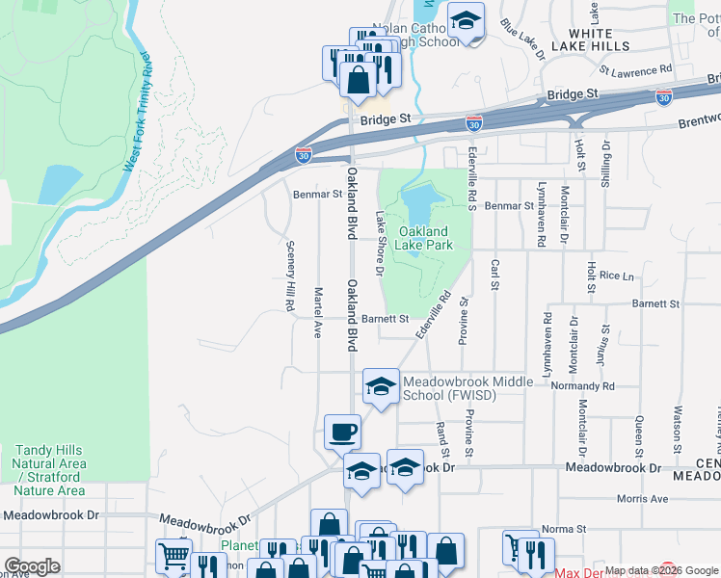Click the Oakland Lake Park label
click(x=424, y=238)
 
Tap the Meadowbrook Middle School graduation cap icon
click(x=381, y=388)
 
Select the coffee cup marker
click(x=342, y=432)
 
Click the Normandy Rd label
click(x=583, y=384)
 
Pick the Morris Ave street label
click(x=642, y=499)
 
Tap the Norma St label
click(x=563, y=529)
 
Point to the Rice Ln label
click(x=617, y=276)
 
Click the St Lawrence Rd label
click(x=635, y=70)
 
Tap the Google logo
click(x=32, y=566)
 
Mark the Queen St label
click(x=638, y=435)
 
